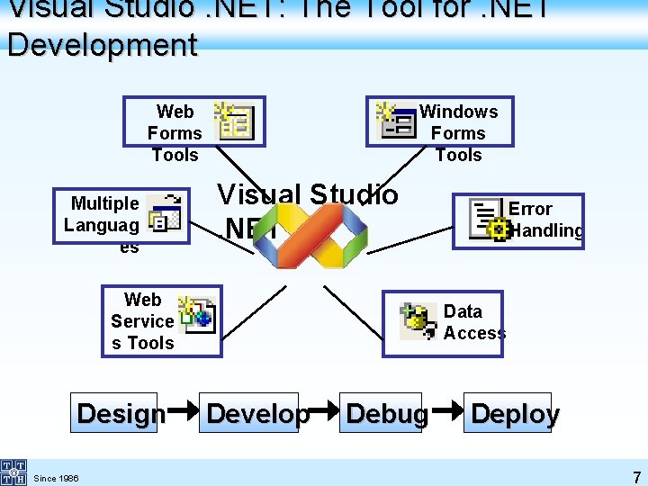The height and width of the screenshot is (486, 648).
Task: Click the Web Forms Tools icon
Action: [235, 121]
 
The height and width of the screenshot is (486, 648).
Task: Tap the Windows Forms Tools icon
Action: [396, 121]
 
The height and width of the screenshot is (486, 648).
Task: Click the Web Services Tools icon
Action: [196, 315]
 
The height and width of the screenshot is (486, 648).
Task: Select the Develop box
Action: [258, 413]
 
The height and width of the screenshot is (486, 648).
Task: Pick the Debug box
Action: [387, 413]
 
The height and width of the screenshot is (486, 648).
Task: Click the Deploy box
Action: [514, 413]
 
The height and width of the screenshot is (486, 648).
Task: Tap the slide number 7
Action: [636, 477]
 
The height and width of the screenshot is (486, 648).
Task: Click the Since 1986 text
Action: [56, 478]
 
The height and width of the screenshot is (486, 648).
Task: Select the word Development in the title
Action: [102, 44]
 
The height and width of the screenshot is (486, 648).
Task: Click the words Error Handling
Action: [544, 220]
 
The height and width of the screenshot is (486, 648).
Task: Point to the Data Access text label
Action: [473, 321]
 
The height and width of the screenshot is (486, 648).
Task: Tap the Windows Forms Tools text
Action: [459, 132]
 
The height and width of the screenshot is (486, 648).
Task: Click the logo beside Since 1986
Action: [13, 472]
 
